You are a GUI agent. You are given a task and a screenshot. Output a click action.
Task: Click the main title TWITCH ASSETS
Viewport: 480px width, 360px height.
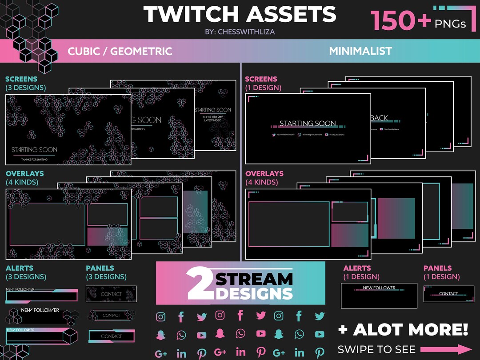[240, 15]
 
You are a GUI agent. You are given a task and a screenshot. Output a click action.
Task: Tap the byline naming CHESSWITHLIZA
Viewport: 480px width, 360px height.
[240, 32]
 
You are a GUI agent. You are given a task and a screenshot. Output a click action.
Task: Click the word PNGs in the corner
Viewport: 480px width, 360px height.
[450, 23]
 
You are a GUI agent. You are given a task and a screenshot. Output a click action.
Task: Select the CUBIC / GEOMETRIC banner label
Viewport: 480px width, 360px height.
[120, 51]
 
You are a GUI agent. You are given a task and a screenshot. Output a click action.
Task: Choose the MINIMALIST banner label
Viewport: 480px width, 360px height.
[360, 51]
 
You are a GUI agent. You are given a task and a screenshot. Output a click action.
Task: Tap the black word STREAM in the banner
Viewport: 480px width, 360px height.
[254, 279]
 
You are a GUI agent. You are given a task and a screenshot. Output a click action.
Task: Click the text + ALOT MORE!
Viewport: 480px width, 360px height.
[403, 329]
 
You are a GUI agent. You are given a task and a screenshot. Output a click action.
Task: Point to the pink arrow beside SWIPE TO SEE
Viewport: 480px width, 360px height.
[446, 349]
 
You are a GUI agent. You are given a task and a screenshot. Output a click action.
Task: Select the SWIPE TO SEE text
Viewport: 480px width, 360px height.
[376, 349]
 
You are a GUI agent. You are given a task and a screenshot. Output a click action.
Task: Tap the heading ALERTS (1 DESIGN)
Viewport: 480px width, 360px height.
[361, 272]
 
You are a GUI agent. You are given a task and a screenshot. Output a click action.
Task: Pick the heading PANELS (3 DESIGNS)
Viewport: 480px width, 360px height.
[106, 272]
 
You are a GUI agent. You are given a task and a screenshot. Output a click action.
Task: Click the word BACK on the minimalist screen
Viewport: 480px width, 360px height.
[379, 118]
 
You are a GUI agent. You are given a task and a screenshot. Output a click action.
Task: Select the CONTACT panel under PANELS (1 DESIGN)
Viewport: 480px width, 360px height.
[448, 294]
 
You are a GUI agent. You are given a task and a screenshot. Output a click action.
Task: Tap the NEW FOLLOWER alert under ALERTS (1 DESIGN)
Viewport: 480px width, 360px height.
[379, 288]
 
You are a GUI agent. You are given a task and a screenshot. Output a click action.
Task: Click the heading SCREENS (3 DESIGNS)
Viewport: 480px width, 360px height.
[25, 83]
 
